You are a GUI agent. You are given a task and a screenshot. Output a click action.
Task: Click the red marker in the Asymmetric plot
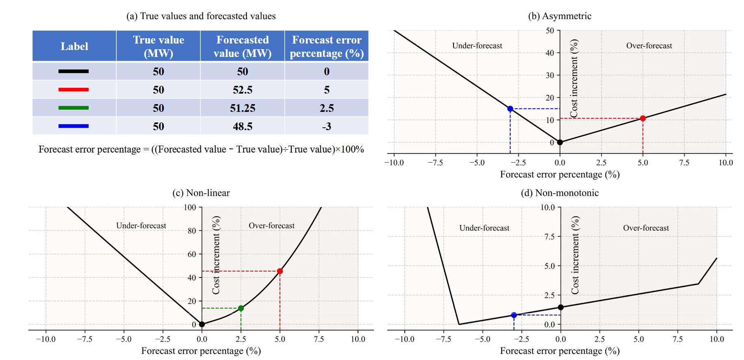pos(643,118)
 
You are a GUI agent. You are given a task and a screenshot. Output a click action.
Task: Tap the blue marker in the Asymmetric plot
pos(510,109)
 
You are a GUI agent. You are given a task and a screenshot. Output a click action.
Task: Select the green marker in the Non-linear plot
pos(241,308)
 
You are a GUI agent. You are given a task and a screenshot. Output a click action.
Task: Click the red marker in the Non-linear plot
pos(280,271)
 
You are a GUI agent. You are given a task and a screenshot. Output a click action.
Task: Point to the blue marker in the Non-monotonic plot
pos(514,315)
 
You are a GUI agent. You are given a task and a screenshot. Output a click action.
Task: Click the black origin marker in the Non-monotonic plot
pos(561,308)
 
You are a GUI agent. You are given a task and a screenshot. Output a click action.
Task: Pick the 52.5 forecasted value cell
pos(242,90)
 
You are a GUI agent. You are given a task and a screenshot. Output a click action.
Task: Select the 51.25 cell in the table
pos(242,108)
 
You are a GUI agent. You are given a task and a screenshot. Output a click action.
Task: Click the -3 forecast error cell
pos(327,127)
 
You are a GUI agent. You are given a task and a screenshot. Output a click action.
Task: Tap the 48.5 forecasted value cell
pos(242,127)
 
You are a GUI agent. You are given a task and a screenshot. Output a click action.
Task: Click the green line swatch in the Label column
pos(74,108)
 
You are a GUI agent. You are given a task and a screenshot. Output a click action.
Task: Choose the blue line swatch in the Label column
pos(74,126)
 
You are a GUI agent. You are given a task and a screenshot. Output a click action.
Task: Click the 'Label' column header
pos(74,46)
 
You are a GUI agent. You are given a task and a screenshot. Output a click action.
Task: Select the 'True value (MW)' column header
pos(159,46)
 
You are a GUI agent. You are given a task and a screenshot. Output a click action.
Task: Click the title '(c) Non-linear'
pos(201,193)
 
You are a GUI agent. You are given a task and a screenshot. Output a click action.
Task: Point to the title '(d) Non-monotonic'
pos(560,193)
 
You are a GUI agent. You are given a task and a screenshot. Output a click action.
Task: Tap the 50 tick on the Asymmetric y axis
pos(550,31)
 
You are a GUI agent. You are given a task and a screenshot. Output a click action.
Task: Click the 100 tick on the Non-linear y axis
pos(190,207)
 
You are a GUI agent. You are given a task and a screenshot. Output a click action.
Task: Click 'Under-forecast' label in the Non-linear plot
pos(141,226)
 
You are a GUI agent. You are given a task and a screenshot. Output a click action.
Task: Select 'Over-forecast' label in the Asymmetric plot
pos(649,46)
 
